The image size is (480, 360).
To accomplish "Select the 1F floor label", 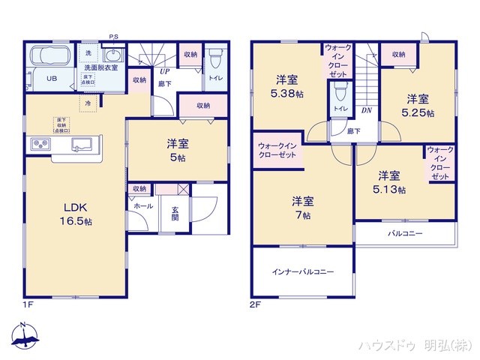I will click(x=28, y=305).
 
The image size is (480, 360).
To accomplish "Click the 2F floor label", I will click(x=256, y=305).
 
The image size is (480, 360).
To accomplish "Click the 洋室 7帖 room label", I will click(x=302, y=208).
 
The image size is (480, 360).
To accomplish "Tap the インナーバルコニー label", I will click(x=303, y=271).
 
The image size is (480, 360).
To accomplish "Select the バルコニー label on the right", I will click(x=405, y=234).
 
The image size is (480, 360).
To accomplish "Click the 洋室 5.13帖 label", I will click(x=389, y=182).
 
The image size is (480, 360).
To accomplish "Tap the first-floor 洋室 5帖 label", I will click(x=177, y=151).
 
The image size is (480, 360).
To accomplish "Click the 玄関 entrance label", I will click(x=175, y=213).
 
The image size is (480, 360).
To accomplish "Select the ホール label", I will click(x=142, y=205).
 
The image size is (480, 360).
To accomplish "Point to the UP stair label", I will click(x=163, y=72).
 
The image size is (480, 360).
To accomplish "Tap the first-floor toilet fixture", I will click(x=215, y=58).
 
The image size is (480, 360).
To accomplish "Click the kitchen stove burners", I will click(x=39, y=143).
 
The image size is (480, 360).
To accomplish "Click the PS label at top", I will click(x=113, y=37).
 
